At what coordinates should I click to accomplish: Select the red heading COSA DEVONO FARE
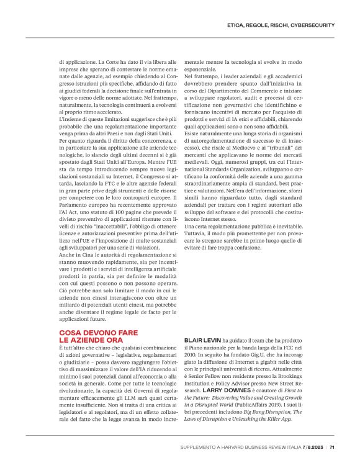(93, 333)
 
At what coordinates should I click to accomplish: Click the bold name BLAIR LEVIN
(200, 341)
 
